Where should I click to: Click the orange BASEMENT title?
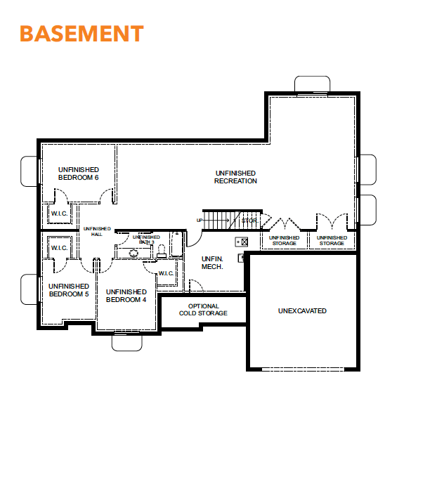tap(81, 33)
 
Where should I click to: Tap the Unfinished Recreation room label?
tap(235, 177)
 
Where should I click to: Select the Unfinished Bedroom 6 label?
tap(79, 173)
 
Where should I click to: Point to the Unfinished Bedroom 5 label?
tap(69, 290)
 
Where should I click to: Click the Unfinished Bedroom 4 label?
tap(126, 296)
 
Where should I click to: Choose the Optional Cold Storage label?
tap(203, 310)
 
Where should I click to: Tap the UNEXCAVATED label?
tap(302, 310)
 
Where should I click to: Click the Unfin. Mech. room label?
tap(212, 263)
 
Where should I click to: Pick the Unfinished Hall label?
tap(97, 231)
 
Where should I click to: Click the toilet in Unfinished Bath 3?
tap(162, 251)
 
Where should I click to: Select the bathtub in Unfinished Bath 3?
tap(176, 244)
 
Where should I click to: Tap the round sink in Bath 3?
tap(133, 253)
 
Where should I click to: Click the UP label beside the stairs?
tap(200, 221)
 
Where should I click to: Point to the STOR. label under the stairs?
tap(250, 221)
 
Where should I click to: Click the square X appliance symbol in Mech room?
tap(244, 242)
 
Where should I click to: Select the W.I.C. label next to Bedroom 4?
tap(166, 273)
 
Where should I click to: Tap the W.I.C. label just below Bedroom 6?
tap(59, 214)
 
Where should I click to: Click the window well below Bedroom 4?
tap(127, 343)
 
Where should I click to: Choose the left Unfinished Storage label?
tap(285, 240)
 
